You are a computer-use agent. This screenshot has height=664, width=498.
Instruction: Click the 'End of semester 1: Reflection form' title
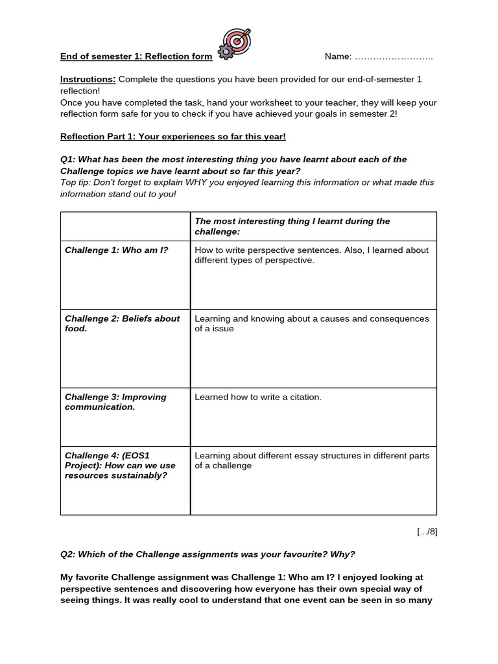click(x=136, y=56)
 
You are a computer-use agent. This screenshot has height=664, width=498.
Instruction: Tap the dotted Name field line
click(x=394, y=57)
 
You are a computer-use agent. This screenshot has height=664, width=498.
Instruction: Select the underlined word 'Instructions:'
click(x=88, y=79)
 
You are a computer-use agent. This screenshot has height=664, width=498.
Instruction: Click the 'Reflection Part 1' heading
click(x=172, y=137)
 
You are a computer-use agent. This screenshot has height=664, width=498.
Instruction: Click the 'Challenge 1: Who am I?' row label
click(x=116, y=250)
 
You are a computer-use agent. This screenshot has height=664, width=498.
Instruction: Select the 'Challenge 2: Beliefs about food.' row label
click(x=122, y=324)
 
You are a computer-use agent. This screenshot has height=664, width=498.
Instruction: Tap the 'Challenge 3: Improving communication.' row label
click(x=115, y=402)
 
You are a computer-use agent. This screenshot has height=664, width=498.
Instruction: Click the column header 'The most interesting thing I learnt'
click(x=292, y=226)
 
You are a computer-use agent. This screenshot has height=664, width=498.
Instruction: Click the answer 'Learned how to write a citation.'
click(x=258, y=397)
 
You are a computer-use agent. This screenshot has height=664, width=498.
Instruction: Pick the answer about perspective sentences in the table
click(x=311, y=255)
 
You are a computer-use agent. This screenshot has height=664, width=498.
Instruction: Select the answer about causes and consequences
click(x=311, y=324)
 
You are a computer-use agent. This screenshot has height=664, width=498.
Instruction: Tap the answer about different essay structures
click(x=311, y=460)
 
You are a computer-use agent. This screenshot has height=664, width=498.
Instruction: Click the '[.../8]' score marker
click(x=427, y=532)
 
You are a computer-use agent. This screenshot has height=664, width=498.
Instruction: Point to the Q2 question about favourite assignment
click(x=207, y=554)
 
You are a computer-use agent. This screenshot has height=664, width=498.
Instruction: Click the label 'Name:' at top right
click(x=338, y=57)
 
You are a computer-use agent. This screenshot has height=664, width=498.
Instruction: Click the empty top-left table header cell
click(x=125, y=226)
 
